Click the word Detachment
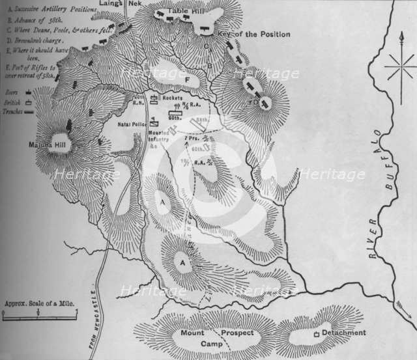[343, 333]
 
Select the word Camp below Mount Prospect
[212, 342]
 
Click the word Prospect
[240, 333]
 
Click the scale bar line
[40, 317]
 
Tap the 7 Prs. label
[192, 139]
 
